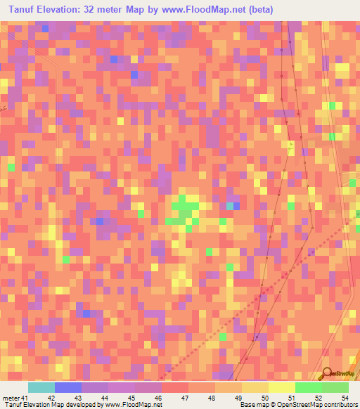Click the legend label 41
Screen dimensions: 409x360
(x=26, y=398)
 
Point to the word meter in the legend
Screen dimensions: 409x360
(x=11, y=398)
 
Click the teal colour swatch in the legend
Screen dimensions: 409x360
(x=41, y=387)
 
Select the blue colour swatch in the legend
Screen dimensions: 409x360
(x=67, y=387)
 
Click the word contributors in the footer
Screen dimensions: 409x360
(x=341, y=405)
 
